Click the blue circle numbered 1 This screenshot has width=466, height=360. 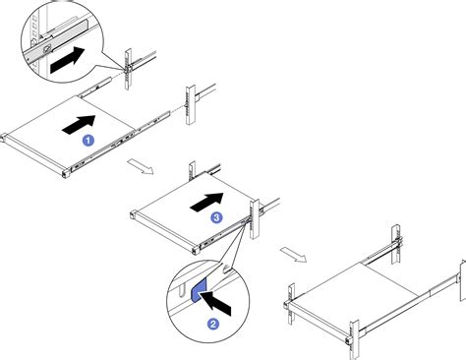(87, 141)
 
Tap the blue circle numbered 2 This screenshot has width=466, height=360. (213, 324)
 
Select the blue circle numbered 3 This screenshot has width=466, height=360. (216, 217)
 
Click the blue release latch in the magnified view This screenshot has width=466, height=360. (199, 289)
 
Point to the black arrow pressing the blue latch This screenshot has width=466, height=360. (215, 303)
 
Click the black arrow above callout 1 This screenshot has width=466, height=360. (79, 125)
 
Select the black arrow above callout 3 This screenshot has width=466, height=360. (206, 202)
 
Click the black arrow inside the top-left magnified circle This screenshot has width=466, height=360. (68, 60)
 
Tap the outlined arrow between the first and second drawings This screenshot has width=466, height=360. (141, 166)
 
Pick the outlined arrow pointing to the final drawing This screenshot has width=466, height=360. (294, 255)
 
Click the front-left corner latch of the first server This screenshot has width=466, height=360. (3, 137)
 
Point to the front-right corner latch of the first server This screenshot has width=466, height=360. (66, 173)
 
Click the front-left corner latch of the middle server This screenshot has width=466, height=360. (133, 214)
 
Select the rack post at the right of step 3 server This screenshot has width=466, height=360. (255, 218)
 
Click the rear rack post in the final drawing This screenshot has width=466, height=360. (396, 245)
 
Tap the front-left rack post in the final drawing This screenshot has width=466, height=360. (291, 304)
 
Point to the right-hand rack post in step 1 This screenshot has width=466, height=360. (191, 104)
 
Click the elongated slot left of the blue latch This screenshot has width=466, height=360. (182, 291)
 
